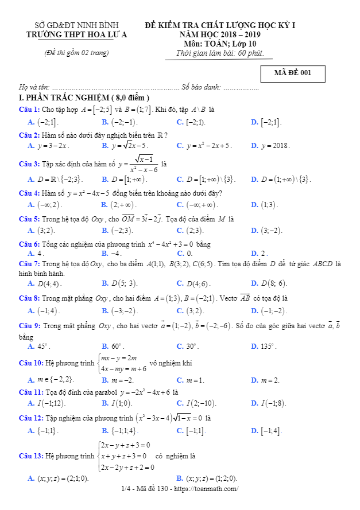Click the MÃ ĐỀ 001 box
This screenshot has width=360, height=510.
[292, 73]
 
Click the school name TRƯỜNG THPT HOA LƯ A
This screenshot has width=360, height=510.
[77, 34]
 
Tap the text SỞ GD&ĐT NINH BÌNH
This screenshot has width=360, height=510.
[77, 26]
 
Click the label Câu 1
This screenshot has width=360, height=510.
[29, 109]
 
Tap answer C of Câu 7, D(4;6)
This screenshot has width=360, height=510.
[198, 283]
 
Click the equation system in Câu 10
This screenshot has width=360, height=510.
[122, 364]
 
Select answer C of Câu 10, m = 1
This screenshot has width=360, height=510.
[196, 380]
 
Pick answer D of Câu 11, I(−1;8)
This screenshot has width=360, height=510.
[273, 403]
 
